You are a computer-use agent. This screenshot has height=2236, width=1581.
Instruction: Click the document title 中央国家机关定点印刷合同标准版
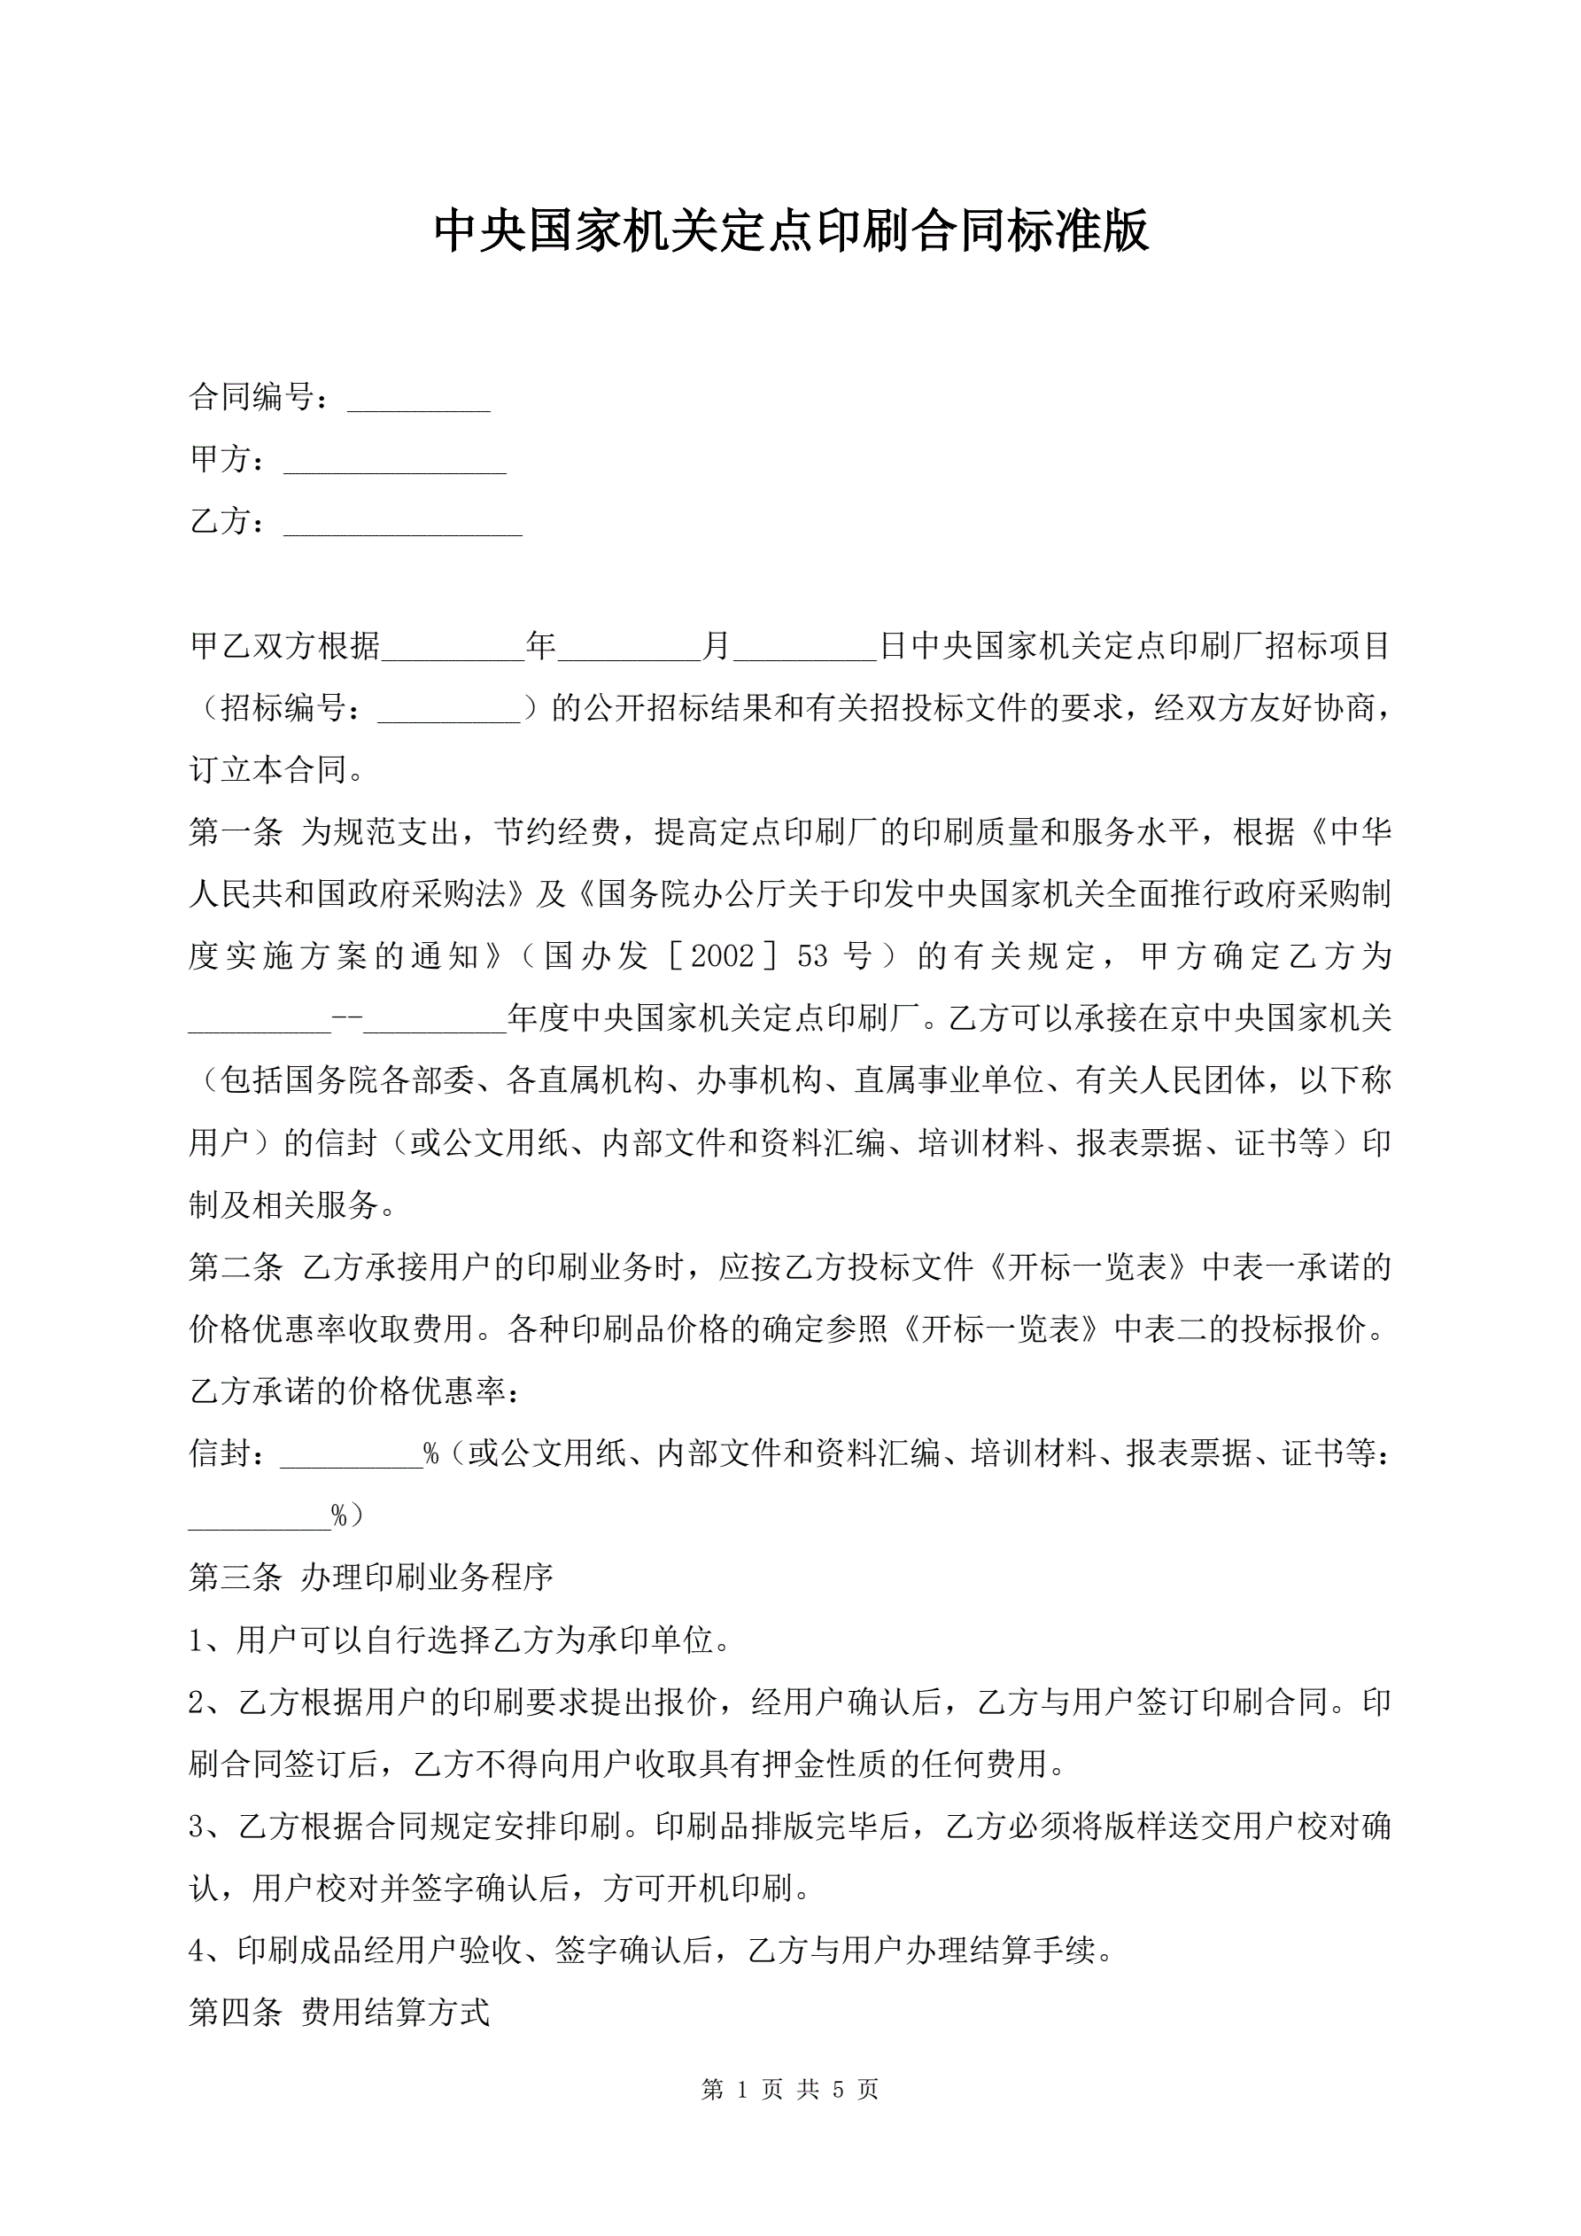point(790,230)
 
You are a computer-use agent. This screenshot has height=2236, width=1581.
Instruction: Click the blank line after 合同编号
point(419,401)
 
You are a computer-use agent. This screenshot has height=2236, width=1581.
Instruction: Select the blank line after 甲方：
point(394,464)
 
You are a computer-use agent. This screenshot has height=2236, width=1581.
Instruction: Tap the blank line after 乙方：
point(402,526)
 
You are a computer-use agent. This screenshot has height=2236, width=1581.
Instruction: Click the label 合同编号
point(252,396)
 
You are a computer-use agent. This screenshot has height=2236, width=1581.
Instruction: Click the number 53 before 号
point(813,956)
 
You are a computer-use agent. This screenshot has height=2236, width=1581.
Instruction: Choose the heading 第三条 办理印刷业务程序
point(371,1577)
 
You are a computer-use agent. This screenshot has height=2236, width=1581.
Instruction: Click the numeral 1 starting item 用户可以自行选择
point(198,1640)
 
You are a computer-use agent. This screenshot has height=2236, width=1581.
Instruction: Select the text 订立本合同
point(268,770)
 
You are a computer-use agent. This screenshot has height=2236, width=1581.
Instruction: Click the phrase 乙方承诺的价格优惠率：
point(355,1391)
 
